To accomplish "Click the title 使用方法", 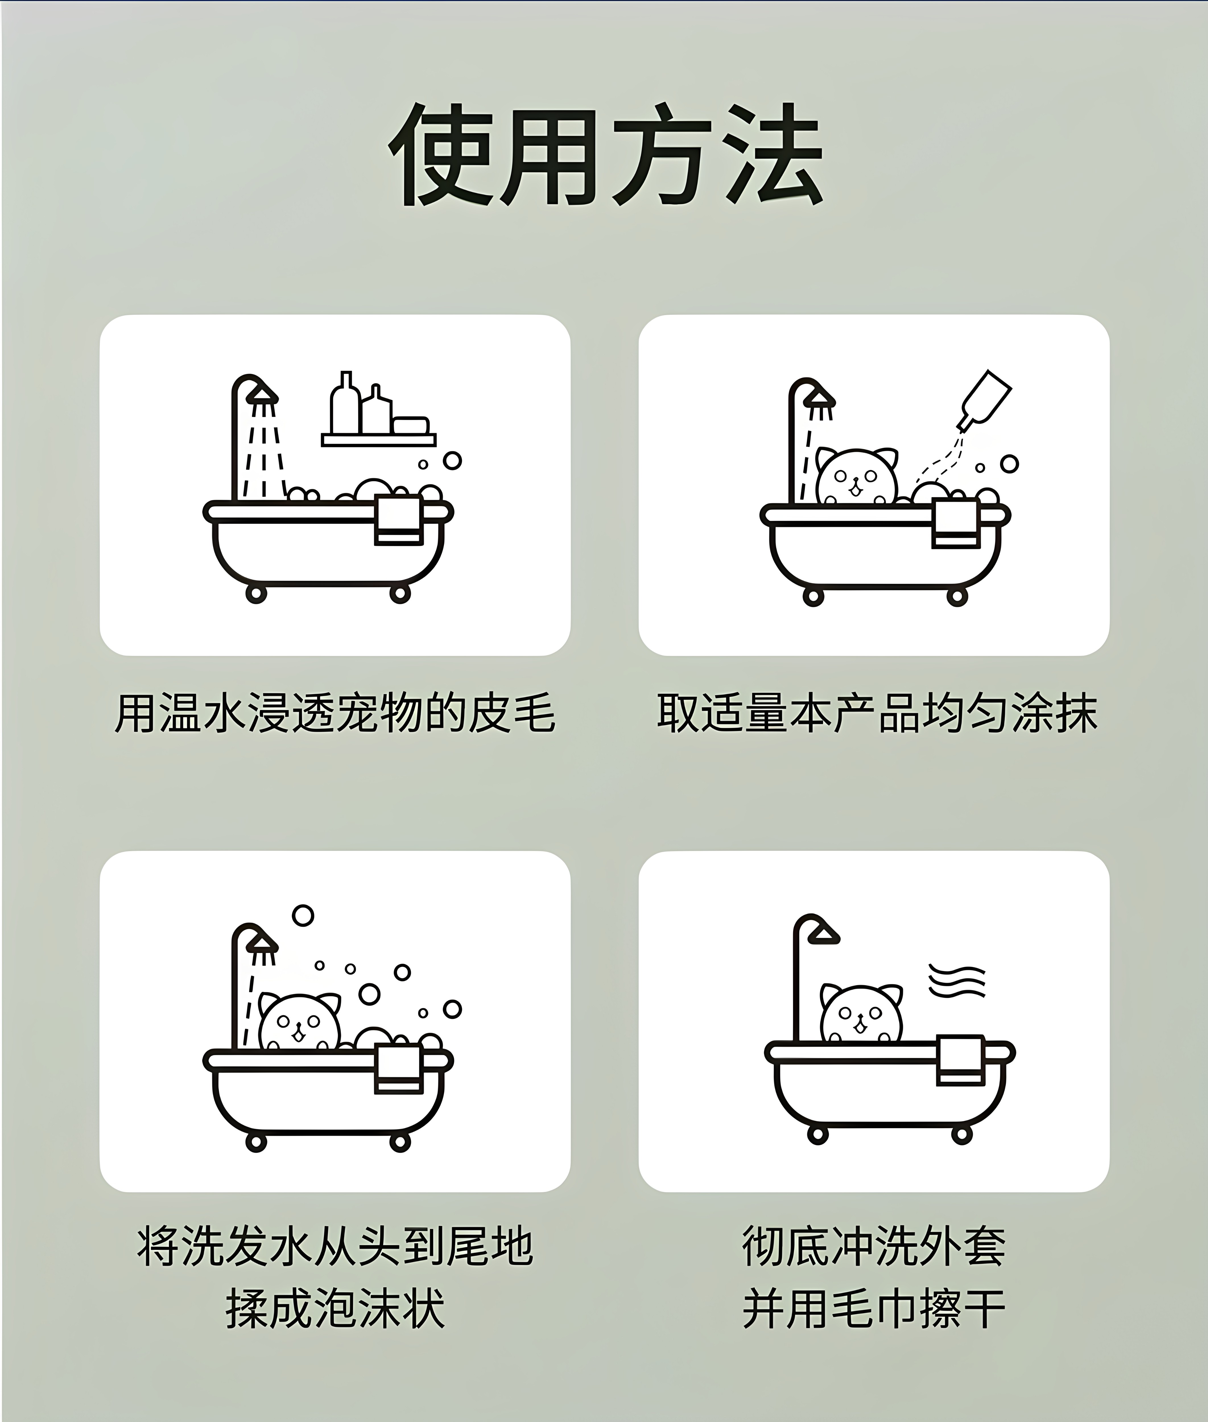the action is [605, 155].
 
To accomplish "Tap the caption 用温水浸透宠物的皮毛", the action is [335, 713].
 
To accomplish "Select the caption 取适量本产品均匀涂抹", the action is [877, 713].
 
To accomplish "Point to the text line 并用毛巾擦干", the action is [875, 1309].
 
